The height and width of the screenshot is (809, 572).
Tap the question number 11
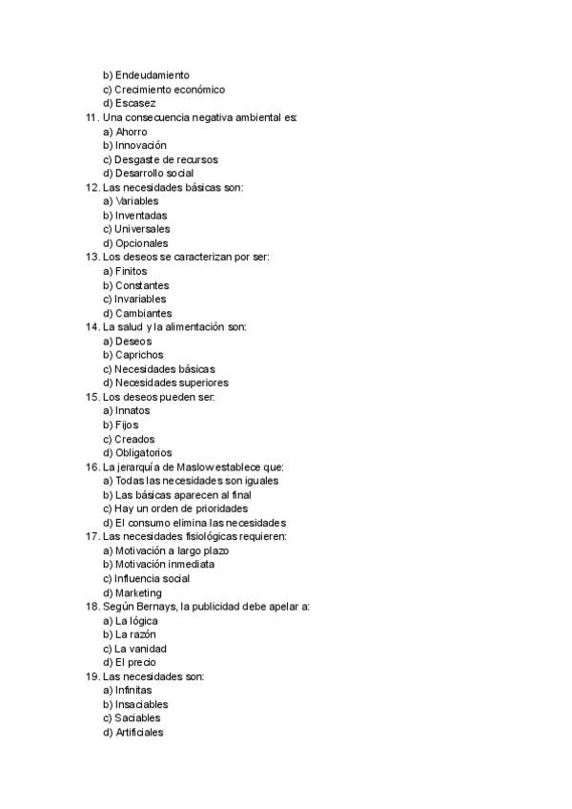pyautogui.click(x=92, y=117)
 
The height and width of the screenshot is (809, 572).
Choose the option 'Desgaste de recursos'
pyautogui.click(x=166, y=160)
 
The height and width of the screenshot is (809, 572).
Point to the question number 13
pyautogui.click(x=92, y=258)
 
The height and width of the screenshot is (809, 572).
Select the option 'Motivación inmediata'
pyautogui.click(x=164, y=565)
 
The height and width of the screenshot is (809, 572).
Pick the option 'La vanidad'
pyautogui.click(x=140, y=649)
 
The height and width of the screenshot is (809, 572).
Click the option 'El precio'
pyautogui.click(x=135, y=662)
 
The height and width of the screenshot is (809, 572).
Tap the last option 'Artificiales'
pyautogui.click(x=139, y=733)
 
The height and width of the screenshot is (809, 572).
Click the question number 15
pyautogui.click(x=92, y=397)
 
